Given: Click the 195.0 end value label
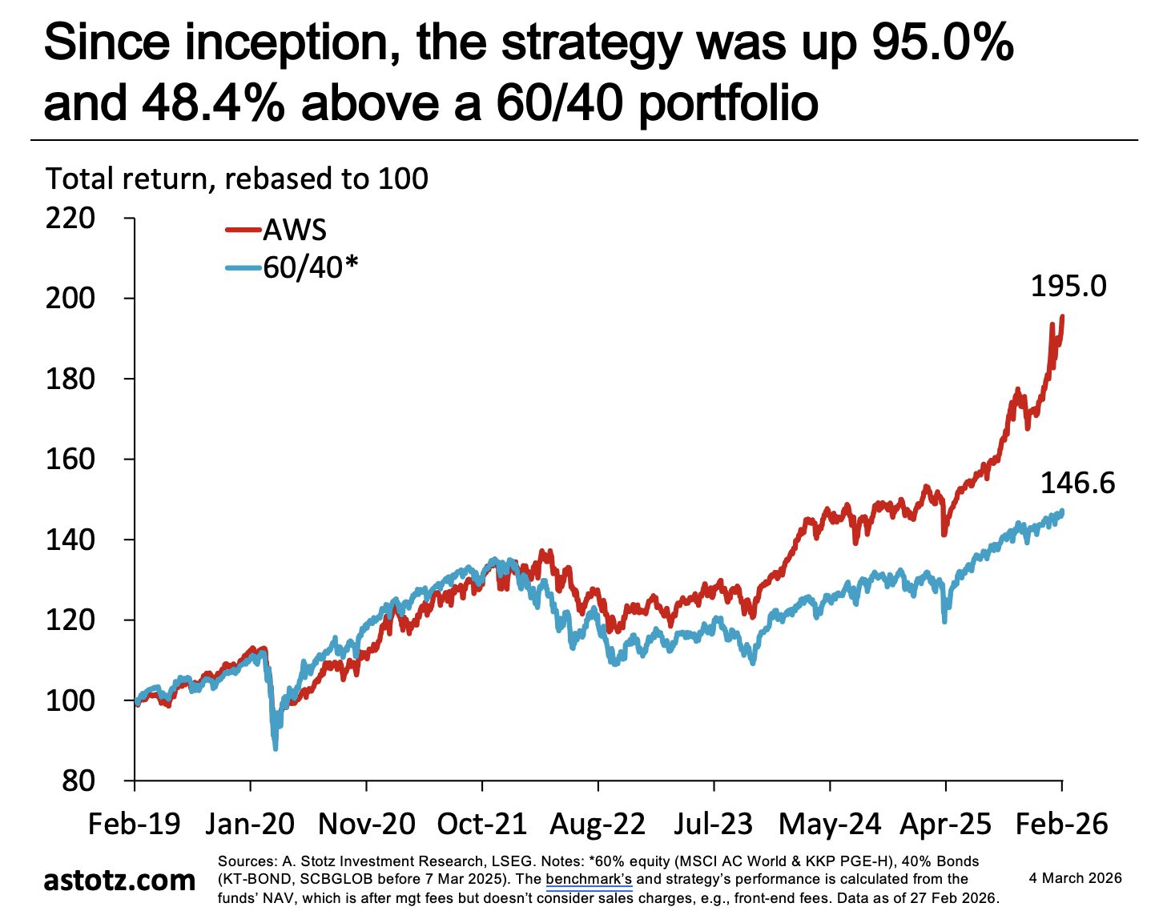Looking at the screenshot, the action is (x=1068, y=287).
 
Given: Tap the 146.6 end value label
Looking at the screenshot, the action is (x=1077, y=483).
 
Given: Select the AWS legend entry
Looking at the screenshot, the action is (x=276, y=230).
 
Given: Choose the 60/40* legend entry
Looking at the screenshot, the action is (x=292, y=267).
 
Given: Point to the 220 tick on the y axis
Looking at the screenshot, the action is (x=70, y=219).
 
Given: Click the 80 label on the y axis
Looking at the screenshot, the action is (x=78, y=781).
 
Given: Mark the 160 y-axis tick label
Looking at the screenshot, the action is (x=70, y=459).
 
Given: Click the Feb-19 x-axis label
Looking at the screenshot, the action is (x=134, y=824).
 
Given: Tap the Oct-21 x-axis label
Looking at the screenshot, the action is (x=481, y=824).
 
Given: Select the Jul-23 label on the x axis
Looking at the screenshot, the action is (x=714, y=824).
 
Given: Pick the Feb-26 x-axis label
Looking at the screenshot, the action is (x=1061, y=824).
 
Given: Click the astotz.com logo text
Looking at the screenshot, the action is (x=119, y=880).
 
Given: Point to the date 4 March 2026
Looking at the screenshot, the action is (x=1075, y=878).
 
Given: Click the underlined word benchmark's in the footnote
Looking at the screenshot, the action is (x=589, y=879).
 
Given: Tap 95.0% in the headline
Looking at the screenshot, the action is (x=943, y=42).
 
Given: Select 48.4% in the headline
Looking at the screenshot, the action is (x=213, y=102).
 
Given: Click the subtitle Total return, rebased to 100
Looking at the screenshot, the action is (x=237, y=179).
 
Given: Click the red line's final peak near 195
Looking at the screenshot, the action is (x=1062, y=317).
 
